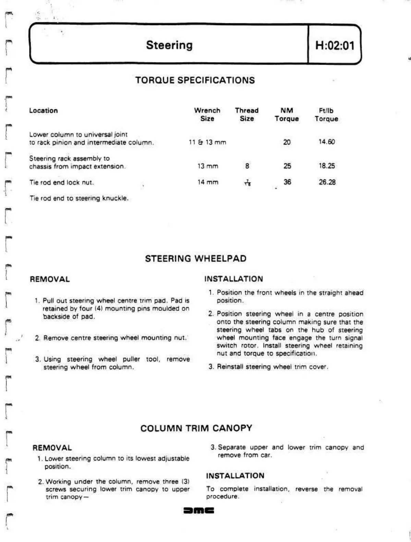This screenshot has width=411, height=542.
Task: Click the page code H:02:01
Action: tap(335, 45)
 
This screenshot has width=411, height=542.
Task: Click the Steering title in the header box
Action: tap(169, 45)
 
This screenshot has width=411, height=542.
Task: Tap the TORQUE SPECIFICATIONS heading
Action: tap(195, 80)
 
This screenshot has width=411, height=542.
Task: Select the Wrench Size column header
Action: tap(207, 115)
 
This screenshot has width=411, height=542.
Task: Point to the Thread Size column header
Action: tap(246, 115)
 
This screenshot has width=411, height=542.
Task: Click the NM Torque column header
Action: tap(287, 115)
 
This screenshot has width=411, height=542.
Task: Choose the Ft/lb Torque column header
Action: tap(326, 115)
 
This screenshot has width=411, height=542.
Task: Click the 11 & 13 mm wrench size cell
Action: tap(207, 142)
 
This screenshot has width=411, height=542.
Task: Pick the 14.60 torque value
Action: tap(327, 142)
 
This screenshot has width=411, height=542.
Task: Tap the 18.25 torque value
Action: tap(327, 166)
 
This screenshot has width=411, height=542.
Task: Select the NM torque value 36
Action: tap(287, 182)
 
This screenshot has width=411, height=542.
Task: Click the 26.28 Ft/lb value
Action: tap(327, 182)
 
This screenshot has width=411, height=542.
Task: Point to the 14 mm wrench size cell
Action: tap(208, 182)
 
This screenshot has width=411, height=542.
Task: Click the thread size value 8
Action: tap(247, 166)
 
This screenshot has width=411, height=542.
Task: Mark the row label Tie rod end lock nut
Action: tap(61, 182)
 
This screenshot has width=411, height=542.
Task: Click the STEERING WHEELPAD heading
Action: tap(196, 259)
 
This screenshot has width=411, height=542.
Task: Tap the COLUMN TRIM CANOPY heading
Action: tap(196, 428)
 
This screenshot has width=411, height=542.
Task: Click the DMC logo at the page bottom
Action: tap(199, 510)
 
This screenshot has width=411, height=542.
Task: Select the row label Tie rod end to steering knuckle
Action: tap(79, 198)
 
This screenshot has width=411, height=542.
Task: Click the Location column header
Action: tap(44, 111)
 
